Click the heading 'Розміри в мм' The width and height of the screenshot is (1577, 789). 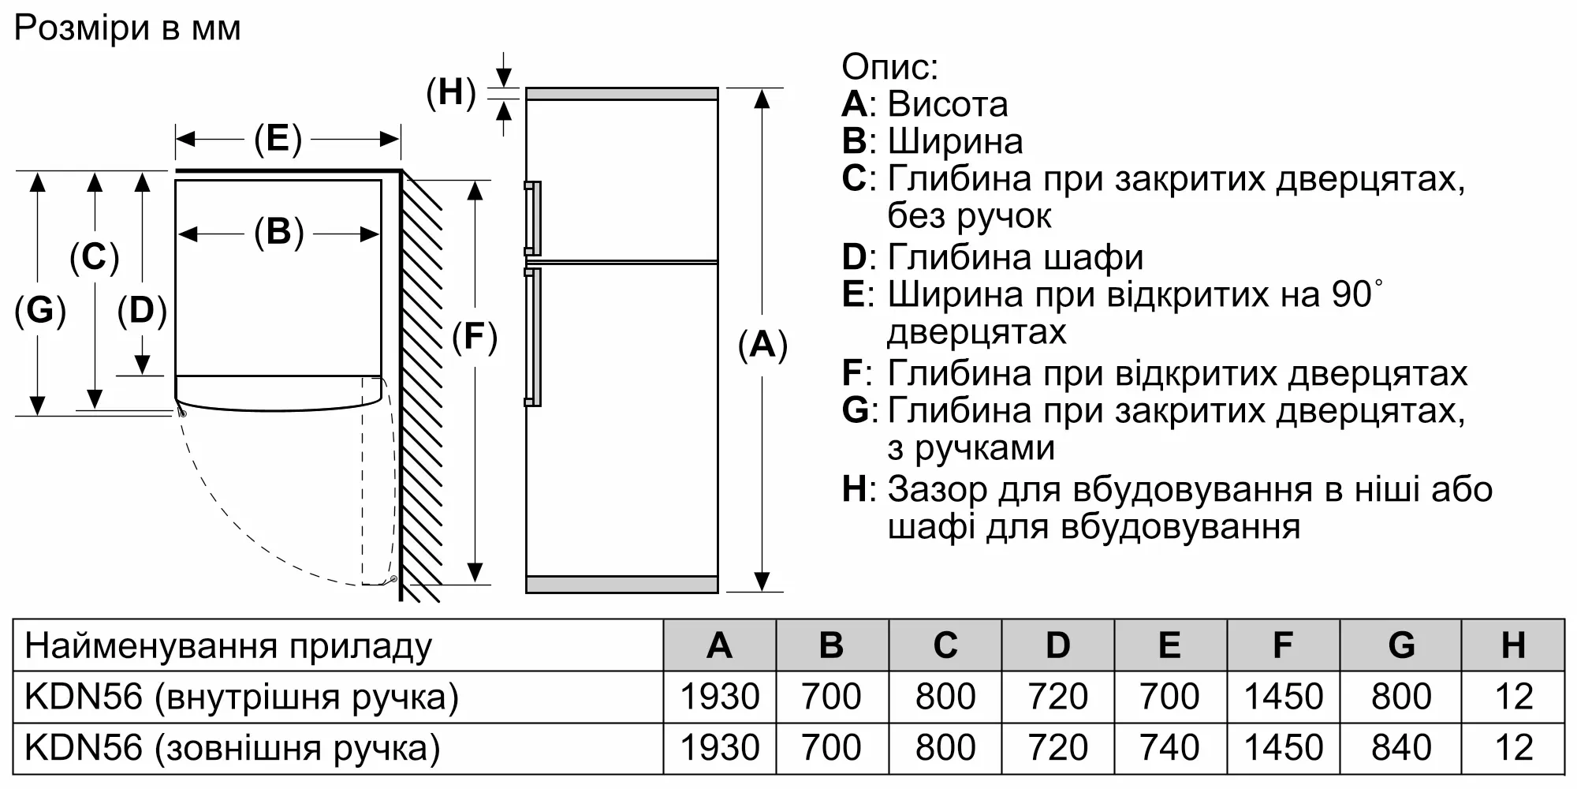128,28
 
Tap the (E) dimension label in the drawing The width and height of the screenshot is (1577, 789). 278,140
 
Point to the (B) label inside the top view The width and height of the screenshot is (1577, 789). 278,233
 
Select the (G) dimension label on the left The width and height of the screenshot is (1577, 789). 40,310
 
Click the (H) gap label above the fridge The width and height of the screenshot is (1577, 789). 451,92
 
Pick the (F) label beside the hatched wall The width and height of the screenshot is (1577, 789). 474,337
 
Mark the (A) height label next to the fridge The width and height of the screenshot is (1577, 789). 762,345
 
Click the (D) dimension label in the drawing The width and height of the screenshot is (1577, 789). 142,310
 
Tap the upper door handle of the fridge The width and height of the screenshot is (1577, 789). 533,218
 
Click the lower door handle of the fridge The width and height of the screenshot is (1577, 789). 533,337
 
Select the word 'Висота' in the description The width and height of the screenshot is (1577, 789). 948,104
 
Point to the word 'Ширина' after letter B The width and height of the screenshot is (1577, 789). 956,141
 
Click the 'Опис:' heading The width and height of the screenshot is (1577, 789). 889,66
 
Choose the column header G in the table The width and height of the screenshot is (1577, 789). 1401,645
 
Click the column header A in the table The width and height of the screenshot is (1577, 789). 719,645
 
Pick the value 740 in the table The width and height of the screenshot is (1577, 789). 1169,748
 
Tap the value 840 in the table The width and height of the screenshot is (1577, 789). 1401,748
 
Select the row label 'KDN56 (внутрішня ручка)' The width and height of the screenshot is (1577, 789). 241,697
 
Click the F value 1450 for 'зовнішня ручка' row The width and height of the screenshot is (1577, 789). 1283,748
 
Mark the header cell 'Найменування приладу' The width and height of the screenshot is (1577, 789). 229,646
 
